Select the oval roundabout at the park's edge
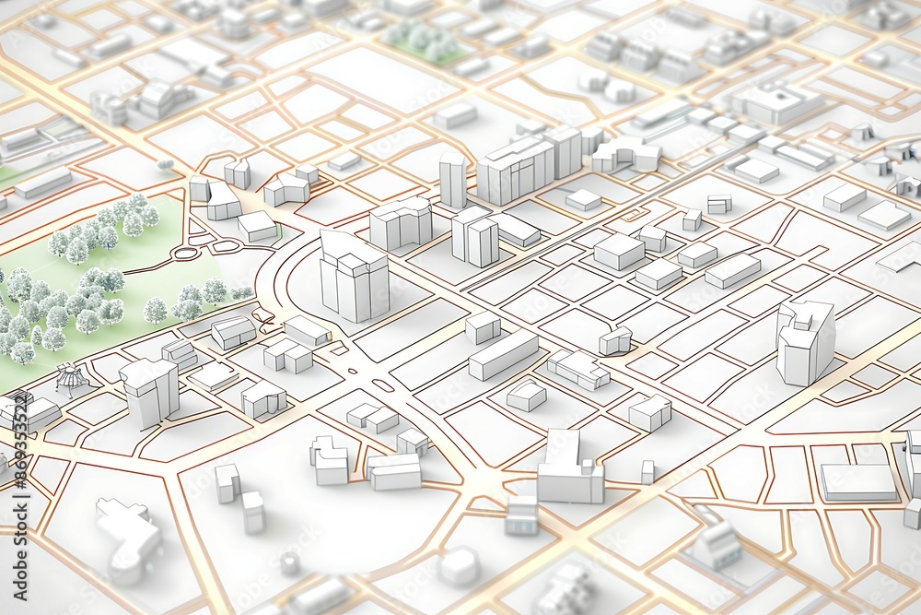click(187, 252)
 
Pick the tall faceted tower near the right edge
click(804, 340)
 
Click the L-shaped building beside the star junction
click(568, 469)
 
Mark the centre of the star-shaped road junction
click(479, 480)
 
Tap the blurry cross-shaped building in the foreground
click(128, 535)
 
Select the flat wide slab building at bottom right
click(857, 481)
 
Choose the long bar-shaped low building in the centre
click(503, 355)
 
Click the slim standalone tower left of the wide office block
click(452, 180)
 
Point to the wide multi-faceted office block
click(515, 170)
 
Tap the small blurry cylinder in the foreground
click(290, 562)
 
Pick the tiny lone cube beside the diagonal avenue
click(647, 471)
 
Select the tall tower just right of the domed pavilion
click(149, 392)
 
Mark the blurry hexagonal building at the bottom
click(458, 565)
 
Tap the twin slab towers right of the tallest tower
click(475, 235)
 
